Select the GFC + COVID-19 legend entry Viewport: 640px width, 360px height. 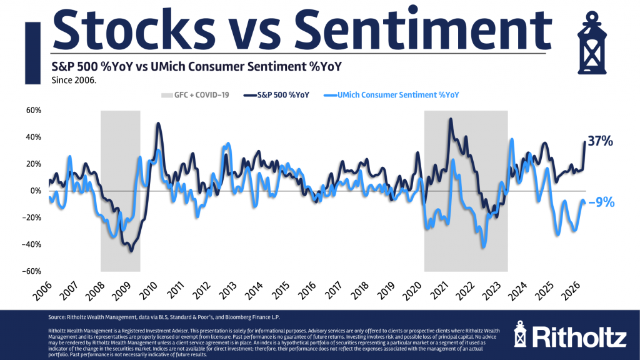coord(191,95)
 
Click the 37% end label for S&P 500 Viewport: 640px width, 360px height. coord(601,142)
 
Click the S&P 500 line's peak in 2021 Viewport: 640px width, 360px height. coord(450,119)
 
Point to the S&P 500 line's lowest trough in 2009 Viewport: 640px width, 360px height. coord(131,251)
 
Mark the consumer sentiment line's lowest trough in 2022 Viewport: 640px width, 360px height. coord(482,247)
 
